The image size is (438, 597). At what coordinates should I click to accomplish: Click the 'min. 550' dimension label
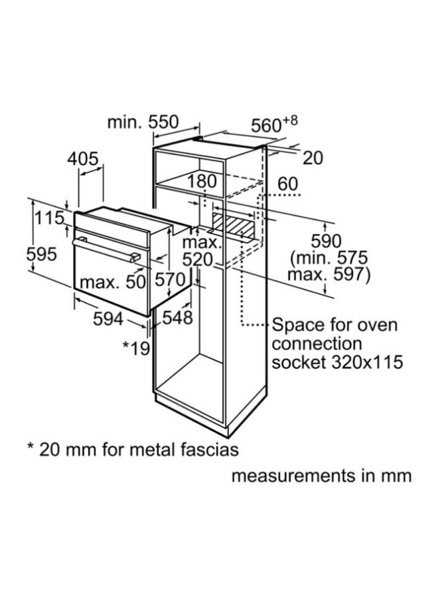click(x=143, y=122)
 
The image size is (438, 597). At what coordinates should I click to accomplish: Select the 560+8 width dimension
click(x=274, y=124)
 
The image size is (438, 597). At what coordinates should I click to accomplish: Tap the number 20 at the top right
click(x=313, y=158)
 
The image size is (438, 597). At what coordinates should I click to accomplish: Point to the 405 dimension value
click(x=83, y=159)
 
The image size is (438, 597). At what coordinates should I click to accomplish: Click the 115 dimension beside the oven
click(x=50, y=218)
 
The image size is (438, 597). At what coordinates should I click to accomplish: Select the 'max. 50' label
click(x=112, y=282)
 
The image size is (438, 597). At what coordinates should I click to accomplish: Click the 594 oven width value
click(x=108, y=319)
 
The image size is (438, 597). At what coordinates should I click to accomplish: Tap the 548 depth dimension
click(x=178, y=318)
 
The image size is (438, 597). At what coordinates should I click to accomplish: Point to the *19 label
click(x=137, y=347)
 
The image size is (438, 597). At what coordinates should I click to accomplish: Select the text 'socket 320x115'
click(x=338, y=363)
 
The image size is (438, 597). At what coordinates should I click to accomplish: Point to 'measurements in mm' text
click(x=321, y=476)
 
